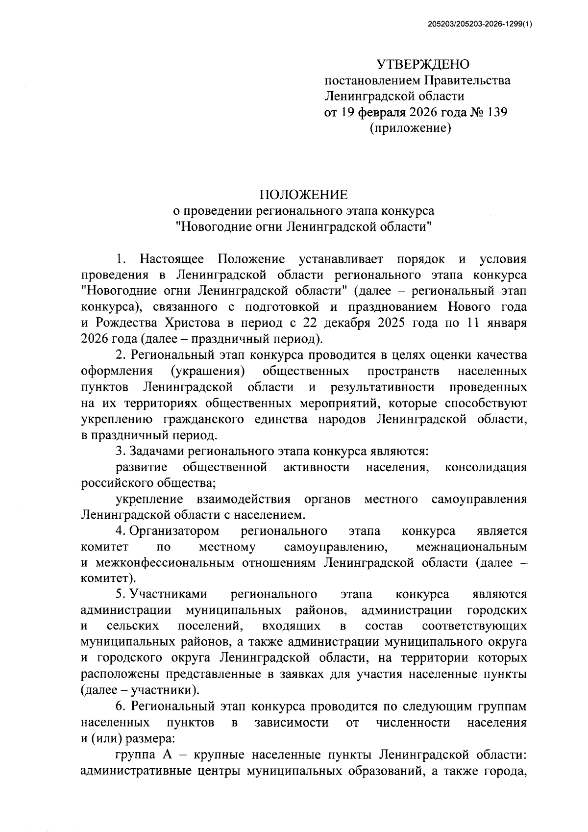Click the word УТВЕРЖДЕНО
point(423,64)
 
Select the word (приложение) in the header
point(410,128)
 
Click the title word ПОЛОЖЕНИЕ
point(304,195)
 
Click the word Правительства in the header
point(467,80)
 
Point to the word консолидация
point(486,467)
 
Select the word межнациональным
point(471,547)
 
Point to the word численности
point(413,723)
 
